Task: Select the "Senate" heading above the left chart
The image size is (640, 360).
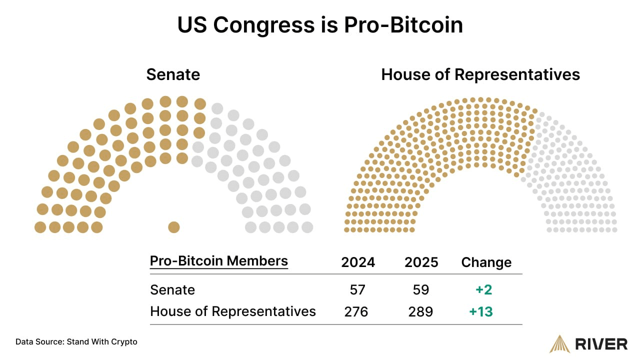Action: pyautogui.click(x=173, y=74)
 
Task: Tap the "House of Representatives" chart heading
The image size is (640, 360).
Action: pyautogui.click(x=480, y=74)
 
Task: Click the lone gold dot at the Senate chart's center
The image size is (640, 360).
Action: pyautogui.click(x=173, y=227)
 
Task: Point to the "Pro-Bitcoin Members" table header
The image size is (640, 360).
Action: pyautogui.click(x=219, y=261)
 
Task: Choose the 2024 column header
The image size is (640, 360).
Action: pyautogui.click(x=358, y=262)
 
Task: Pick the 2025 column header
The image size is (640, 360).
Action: pyautogui.click(x=421, y=262)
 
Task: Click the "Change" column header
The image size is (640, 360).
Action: pyautogui.click(x=486, y=262)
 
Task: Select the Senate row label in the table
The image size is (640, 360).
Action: pyautogui.click(x=172, y=290)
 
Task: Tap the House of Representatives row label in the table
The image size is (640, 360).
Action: pyautogui.click(x=233, y=311)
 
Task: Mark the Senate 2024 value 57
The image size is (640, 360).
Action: pyautogui.click(x=358, y=290)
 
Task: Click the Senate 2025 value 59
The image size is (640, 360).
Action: pyautogui.click(x=421, y=290)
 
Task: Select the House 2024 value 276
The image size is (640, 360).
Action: pyautogui.click(x=356, y=312)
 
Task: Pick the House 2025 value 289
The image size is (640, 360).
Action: pyautogui.click(x=420, y=312)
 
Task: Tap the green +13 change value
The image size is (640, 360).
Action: pyautogui.click(x=481, y=312)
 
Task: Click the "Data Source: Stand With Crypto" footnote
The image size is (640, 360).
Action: pyautogui.click(x=76, y=342)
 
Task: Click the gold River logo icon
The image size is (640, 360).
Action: pyautogui.click(x=559, y=343)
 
